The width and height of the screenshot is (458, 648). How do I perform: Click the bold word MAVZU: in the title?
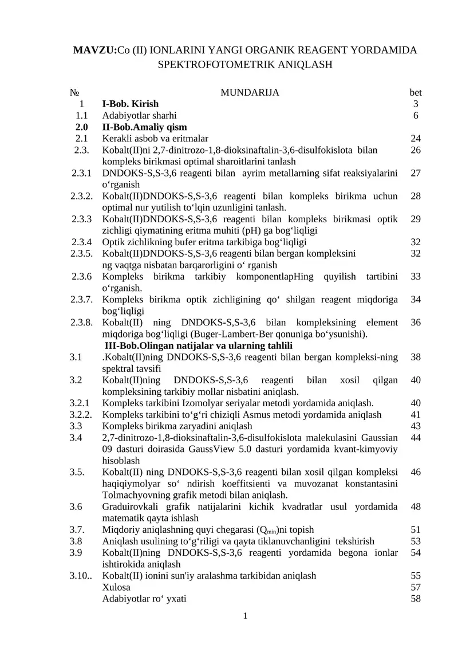point(94,51)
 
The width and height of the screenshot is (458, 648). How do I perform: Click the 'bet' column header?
point(416,92)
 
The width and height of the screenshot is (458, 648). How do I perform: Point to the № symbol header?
point(74,92)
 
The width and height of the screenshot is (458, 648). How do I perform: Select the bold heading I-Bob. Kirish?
point(130,104)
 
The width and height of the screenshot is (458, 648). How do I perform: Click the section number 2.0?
point(81,127)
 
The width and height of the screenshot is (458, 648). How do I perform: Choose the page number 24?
point(416,138)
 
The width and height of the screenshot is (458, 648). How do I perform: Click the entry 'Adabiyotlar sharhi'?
point(139,115)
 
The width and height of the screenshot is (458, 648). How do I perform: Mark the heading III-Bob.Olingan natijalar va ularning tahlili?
point(198,345)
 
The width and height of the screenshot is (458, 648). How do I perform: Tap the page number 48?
point(416,506)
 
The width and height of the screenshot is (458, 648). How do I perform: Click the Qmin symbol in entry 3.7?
point(266,530)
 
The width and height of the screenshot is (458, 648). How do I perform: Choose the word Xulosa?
point(116,587)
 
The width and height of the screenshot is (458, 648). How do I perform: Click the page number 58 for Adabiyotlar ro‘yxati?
point(416,599)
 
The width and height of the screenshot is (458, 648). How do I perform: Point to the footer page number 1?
point(245,616)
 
